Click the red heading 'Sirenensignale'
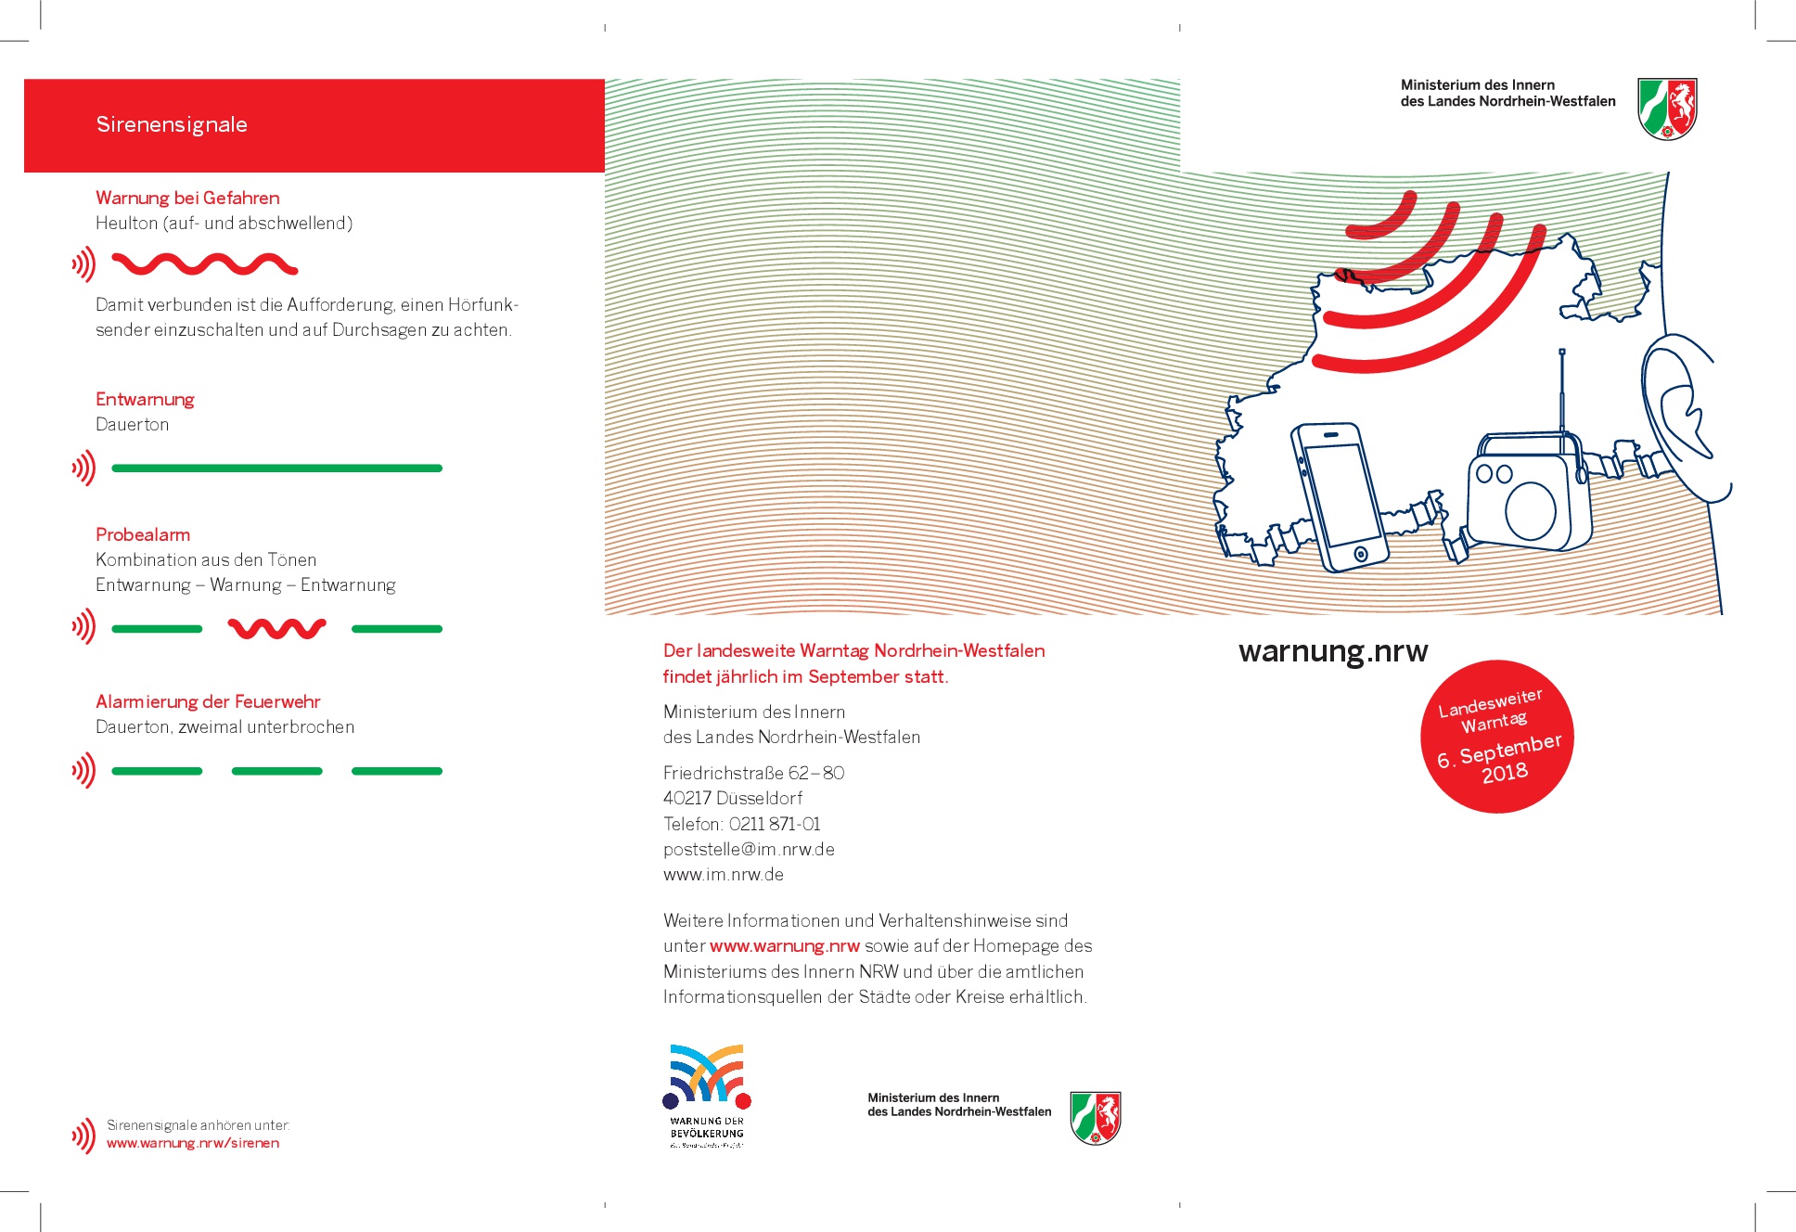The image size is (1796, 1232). (x=172, y=124)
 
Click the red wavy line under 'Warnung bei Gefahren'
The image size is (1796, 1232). (x=204, y=265)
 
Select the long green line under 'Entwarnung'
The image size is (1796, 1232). (x=276, y=468)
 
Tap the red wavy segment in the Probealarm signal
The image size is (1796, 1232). (x=276, y=629)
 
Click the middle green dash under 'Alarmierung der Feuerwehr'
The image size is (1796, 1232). (x=276, y=771)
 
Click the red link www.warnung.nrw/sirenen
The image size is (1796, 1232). (x=193, y=1143)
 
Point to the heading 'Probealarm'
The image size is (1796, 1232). (x=143, y=534)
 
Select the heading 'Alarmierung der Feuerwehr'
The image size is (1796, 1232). (x=208, y=701)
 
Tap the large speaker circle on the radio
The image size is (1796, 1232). (x=1531, y=510)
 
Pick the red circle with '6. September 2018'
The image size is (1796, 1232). (x=1497, y=737)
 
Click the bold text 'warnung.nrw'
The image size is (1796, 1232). (x=1333, y=651)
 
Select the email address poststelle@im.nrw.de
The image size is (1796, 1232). (x=749, y=849)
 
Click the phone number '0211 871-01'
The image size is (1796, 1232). (x=775, y=824)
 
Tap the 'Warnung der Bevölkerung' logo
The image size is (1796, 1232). (x=707, y=1095)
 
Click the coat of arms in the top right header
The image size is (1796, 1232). (x=1667, y=109)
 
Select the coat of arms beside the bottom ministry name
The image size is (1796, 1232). (x=1096, y=1118)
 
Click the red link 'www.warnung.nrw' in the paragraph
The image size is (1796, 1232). (x=785, y=946)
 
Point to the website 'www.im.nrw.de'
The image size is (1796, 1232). (x=724, y=874)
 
